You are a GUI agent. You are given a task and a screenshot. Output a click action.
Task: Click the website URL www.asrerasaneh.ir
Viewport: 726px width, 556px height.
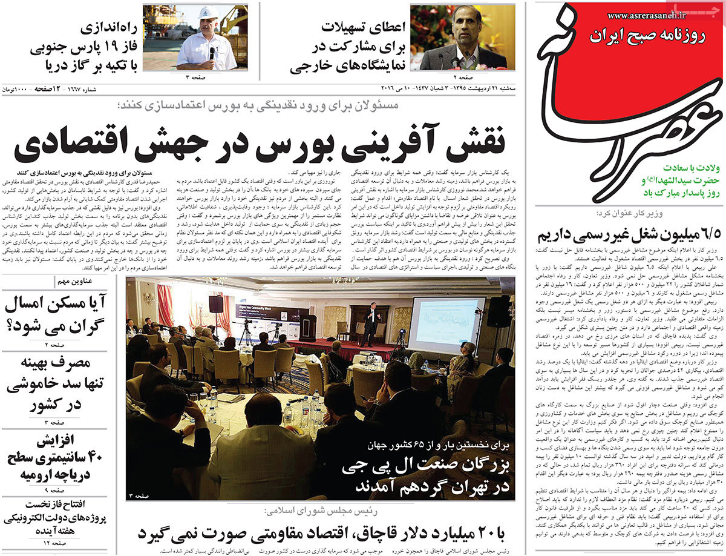point(645,16)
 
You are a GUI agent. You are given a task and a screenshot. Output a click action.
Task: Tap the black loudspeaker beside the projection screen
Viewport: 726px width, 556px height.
point(500,311)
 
